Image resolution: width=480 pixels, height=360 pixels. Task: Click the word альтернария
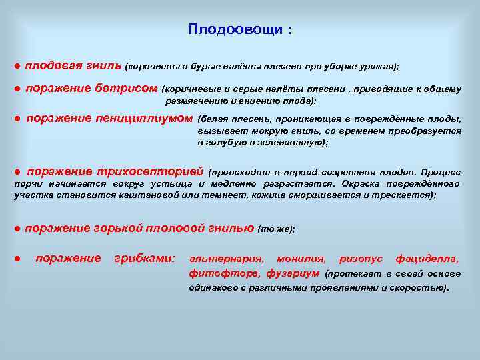click(x=226, y=258)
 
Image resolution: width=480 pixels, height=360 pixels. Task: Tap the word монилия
click(x=301, y=258)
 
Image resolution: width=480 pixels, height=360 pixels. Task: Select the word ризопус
click(x=361, y=258)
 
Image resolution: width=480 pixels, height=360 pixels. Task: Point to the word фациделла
click(x=427, y=258)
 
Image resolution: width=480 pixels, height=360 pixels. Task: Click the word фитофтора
click(x=225, y=273)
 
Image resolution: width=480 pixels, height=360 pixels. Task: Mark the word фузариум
click(x=293, y=273)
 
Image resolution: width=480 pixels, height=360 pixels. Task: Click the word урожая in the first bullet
click(x=377, y=67)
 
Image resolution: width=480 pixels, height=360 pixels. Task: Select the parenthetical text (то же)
click(x=276, y=229)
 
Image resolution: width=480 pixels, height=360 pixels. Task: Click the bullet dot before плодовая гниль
click(x=17, y=67)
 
